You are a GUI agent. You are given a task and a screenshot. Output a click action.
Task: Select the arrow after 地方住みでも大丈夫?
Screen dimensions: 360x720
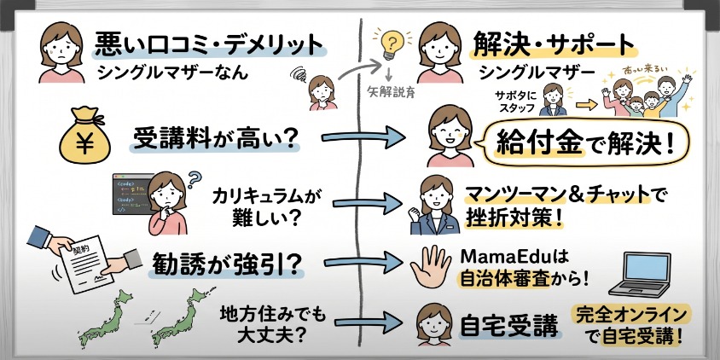[359, 324]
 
